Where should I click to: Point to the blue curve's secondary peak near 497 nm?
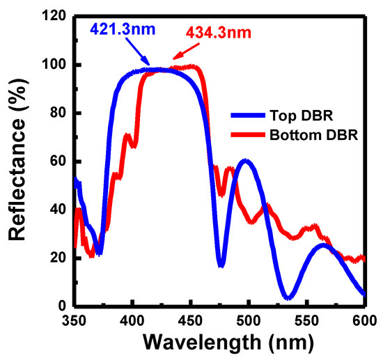point(244,161)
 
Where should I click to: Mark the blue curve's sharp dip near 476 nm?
point(221,265)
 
